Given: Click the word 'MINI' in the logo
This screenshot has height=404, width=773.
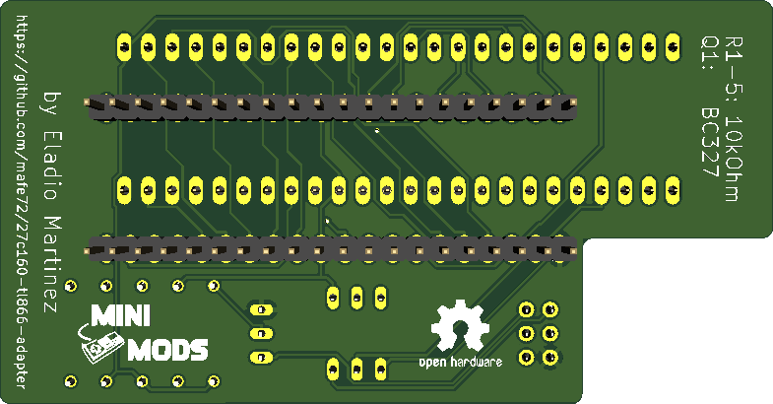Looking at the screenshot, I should (x=120, y=315).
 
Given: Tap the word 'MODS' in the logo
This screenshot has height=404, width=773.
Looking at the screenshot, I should (x=168, y=349).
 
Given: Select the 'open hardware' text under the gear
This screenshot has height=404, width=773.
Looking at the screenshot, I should (x=461, y=363).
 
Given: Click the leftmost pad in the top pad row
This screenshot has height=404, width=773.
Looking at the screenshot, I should (x=124, y=45).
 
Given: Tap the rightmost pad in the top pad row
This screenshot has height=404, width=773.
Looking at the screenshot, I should (x=674, y=45).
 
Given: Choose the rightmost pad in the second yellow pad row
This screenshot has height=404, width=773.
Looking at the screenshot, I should (x=674, y=187).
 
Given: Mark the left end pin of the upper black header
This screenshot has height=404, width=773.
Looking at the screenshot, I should (x=98, y=103).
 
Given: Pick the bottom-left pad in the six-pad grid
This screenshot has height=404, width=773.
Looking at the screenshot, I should (x=526, y=356).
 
